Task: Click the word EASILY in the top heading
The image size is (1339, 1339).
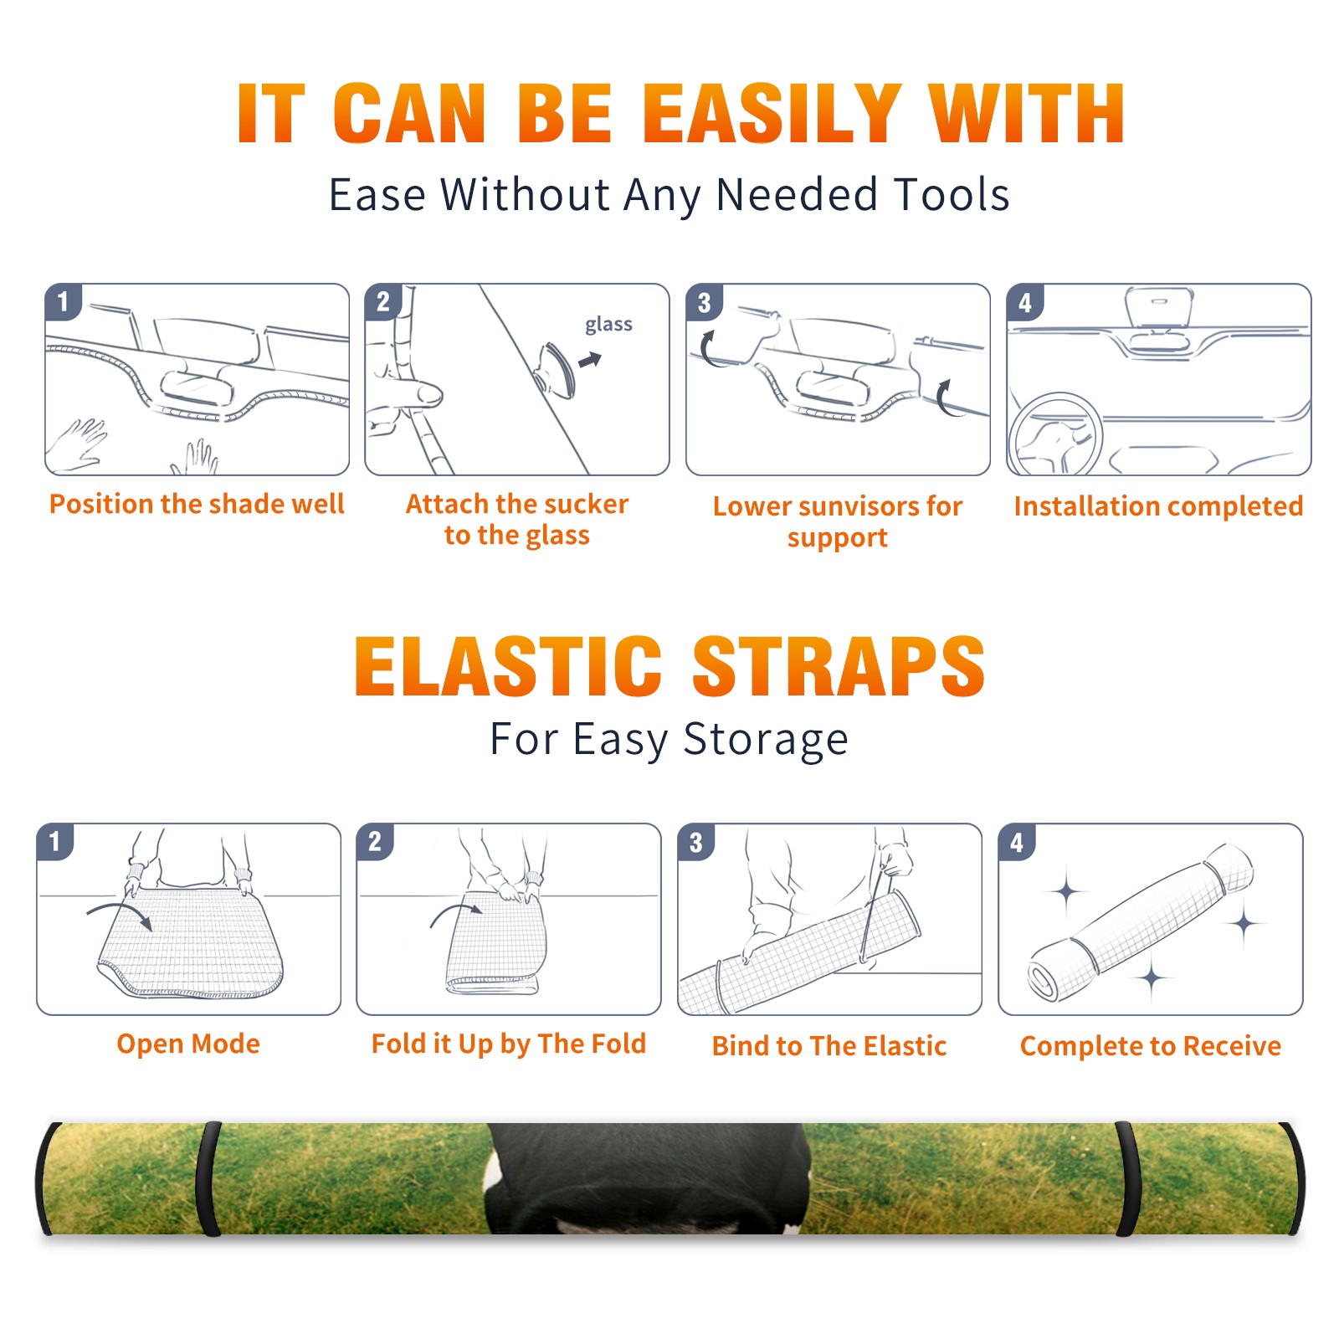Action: [x=772, y=114]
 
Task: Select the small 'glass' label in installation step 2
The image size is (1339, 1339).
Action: [x=608, y=325]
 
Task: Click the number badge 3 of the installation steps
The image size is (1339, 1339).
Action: [x=704, y=303]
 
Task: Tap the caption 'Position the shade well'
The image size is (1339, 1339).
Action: [x=197, y=504]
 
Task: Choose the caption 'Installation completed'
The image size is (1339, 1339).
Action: [x=1158, y=505]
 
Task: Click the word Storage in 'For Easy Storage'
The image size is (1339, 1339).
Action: [x=766, y=740]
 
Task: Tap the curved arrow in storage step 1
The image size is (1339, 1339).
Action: [x=119, y=913]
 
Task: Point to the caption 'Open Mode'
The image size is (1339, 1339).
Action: [x=188, y=1044]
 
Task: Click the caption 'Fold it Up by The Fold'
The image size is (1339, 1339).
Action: [x=509, y=1044]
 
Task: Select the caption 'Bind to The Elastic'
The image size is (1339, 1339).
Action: [x=829, y=1046]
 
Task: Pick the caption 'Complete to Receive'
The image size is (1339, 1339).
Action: [x=1151, y=1046]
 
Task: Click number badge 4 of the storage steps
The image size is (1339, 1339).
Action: [x=1017, y=843]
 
